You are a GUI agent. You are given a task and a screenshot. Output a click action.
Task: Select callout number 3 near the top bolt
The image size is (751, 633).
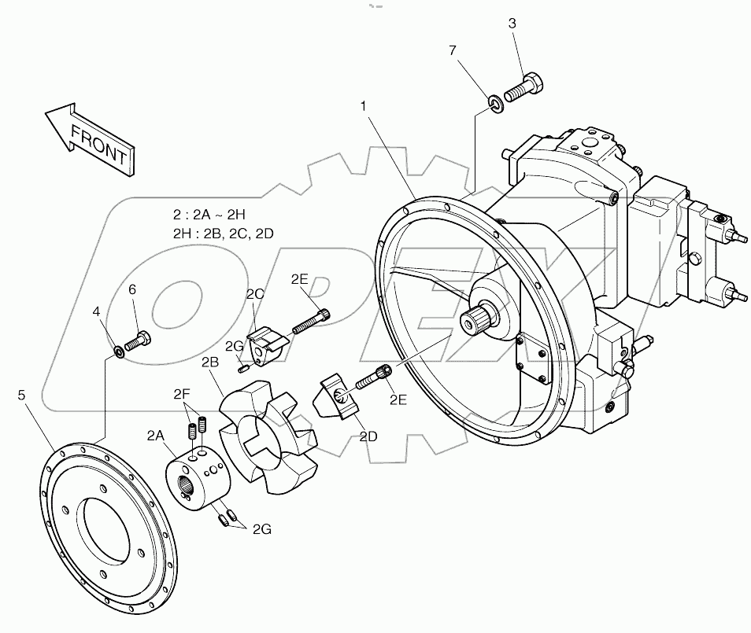(x=512, y=24)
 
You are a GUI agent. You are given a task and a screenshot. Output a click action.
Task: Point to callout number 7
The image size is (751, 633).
(x=452, y=51)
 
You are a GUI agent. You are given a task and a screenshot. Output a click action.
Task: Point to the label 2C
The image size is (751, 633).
(x=254, y=295)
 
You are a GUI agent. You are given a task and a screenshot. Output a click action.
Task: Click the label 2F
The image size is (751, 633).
(x=183, y=393)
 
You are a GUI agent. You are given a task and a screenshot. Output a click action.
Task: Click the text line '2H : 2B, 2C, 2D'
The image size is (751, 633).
(x=224, y=233)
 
